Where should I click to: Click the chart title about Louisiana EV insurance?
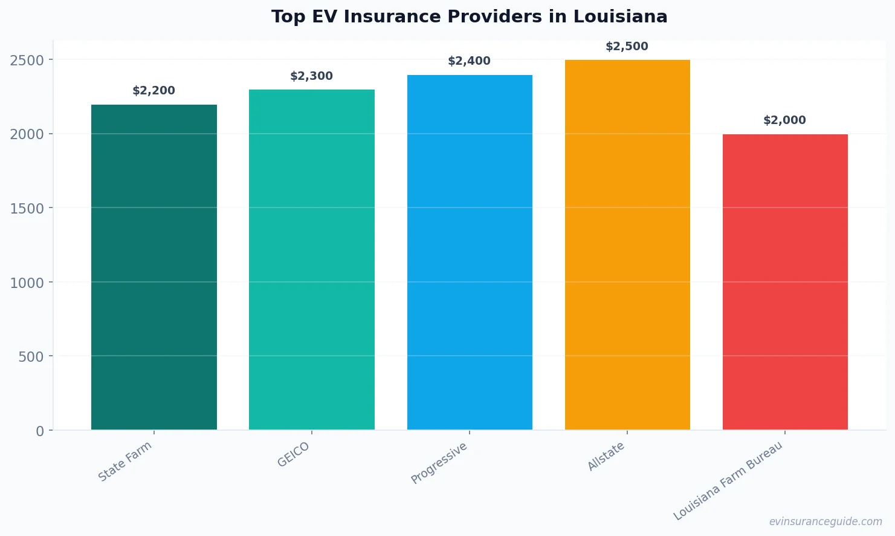point(469,17)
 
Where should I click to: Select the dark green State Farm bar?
point(154,267)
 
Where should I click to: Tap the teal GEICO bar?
point(311,260)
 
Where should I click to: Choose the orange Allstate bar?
point(627,244)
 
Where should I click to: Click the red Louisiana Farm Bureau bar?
point(785,282)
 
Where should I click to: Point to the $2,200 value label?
point(153,91)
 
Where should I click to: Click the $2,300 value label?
point(311,76)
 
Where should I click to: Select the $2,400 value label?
point(469,61)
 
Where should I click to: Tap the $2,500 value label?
point(627,47)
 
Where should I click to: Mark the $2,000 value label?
point(784,120)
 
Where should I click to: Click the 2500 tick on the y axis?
point(27,60)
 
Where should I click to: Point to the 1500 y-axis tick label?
point(27,208)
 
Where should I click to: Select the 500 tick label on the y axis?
point(31,357)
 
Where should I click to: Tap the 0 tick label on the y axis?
point(40,431)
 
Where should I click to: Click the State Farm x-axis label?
point(125,462)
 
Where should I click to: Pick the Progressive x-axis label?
point(439,463)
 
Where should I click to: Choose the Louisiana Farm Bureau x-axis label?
point(728,481)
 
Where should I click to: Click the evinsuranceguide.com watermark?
point(826,521)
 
